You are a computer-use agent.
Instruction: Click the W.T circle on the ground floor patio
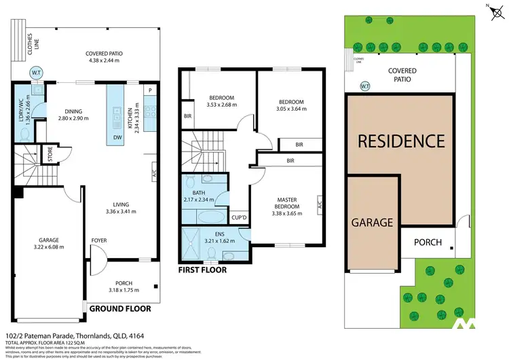click(35, 72)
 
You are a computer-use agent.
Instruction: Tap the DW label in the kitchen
click(119, 137)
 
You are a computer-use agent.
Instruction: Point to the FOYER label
click(100, 240)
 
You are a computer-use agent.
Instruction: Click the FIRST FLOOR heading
click(202, 270)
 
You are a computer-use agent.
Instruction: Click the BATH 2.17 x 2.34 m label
click(199, 196)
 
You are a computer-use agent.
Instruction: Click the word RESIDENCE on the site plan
click(401, 141)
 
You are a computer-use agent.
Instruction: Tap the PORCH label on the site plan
click(428, 242)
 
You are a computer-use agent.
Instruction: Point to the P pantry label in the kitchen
click(149, 90)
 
